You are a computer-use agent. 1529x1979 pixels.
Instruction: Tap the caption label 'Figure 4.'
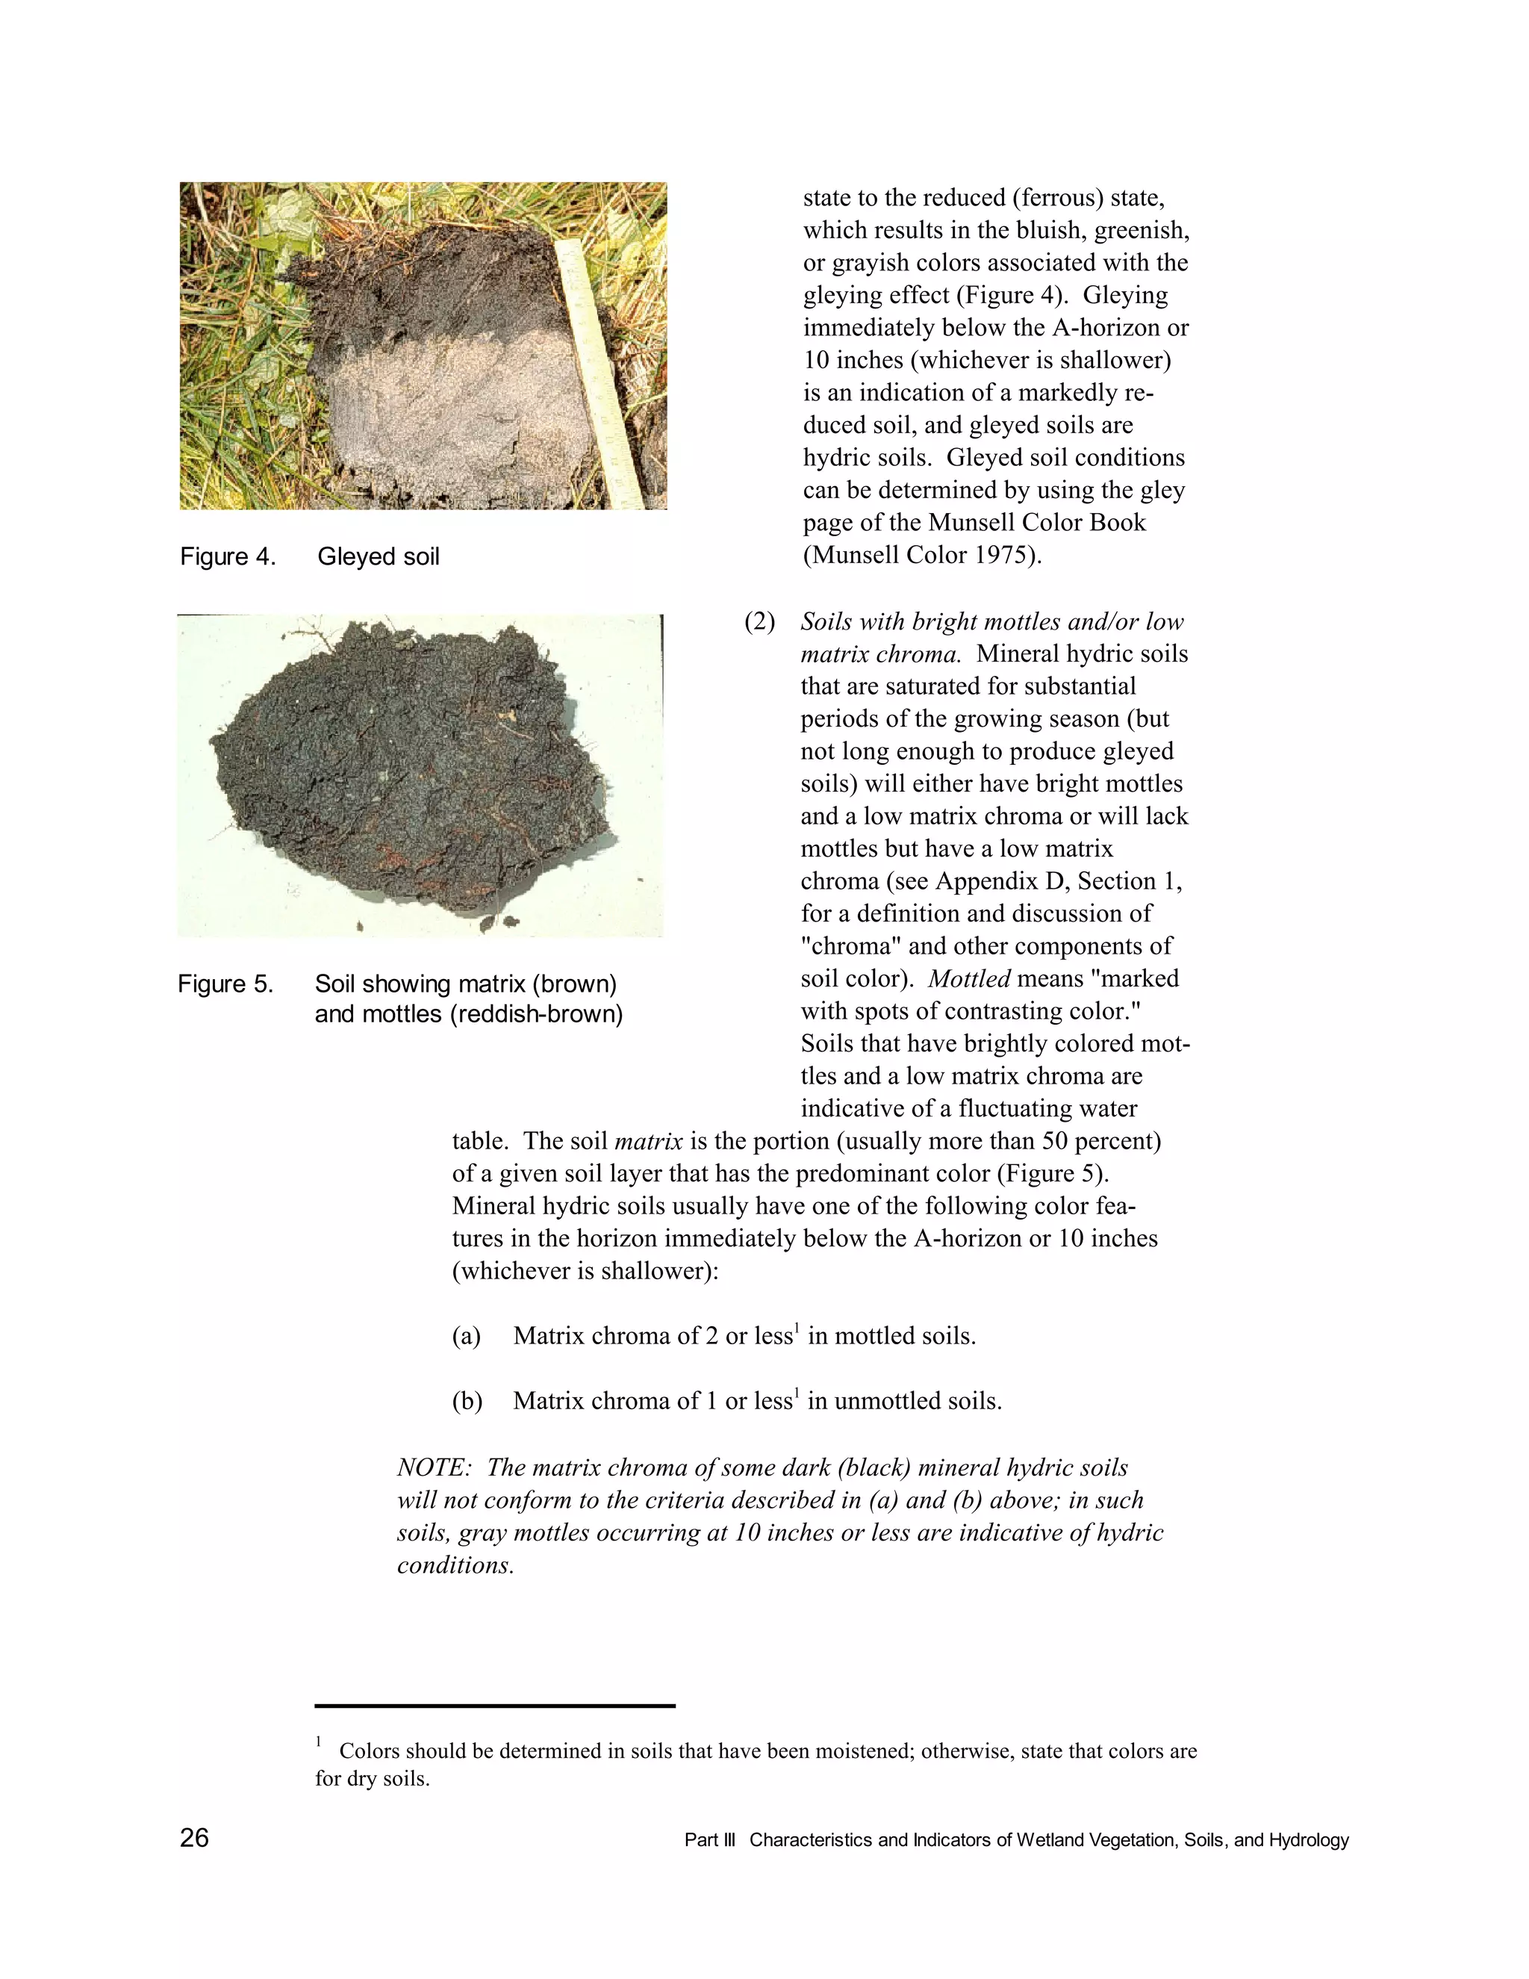[228, 556]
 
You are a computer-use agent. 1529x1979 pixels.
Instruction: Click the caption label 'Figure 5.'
[225, 984]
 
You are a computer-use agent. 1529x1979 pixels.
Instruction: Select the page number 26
[194, 1839]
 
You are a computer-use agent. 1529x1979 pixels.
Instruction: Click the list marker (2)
[760, 621]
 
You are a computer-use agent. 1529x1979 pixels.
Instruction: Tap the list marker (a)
[466, 1337]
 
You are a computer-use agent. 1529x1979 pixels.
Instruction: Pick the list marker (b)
[467, 1402]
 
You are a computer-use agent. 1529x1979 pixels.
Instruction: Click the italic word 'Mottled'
[968, 978]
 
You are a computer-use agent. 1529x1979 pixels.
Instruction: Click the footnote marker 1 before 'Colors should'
[319, 1742]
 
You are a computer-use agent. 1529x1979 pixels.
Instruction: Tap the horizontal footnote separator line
[494, 1706]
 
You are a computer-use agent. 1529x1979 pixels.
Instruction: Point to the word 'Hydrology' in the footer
[1308, 1840]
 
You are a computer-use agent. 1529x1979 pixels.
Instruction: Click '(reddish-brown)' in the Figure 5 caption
[536, 1014]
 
